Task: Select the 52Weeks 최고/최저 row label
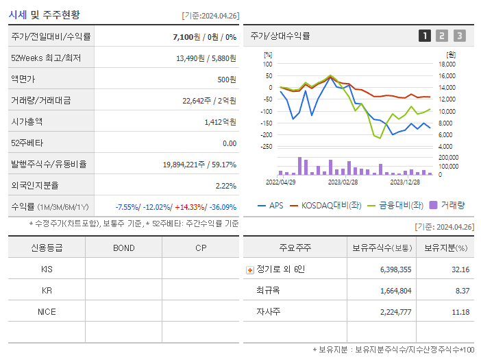tap(46, 58)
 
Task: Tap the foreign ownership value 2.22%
tap(225, 185)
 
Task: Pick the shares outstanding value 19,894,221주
tap(180, 164)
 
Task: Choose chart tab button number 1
tap(425, 36)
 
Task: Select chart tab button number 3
tap(459, 36)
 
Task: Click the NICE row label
tap(47, 311)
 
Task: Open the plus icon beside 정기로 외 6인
tap(250, 269)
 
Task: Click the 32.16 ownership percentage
tap(459, 269)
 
